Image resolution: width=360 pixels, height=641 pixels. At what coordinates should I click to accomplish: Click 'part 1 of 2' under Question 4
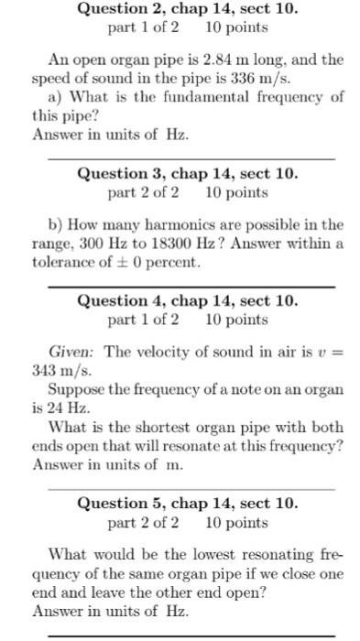(143, 320)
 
